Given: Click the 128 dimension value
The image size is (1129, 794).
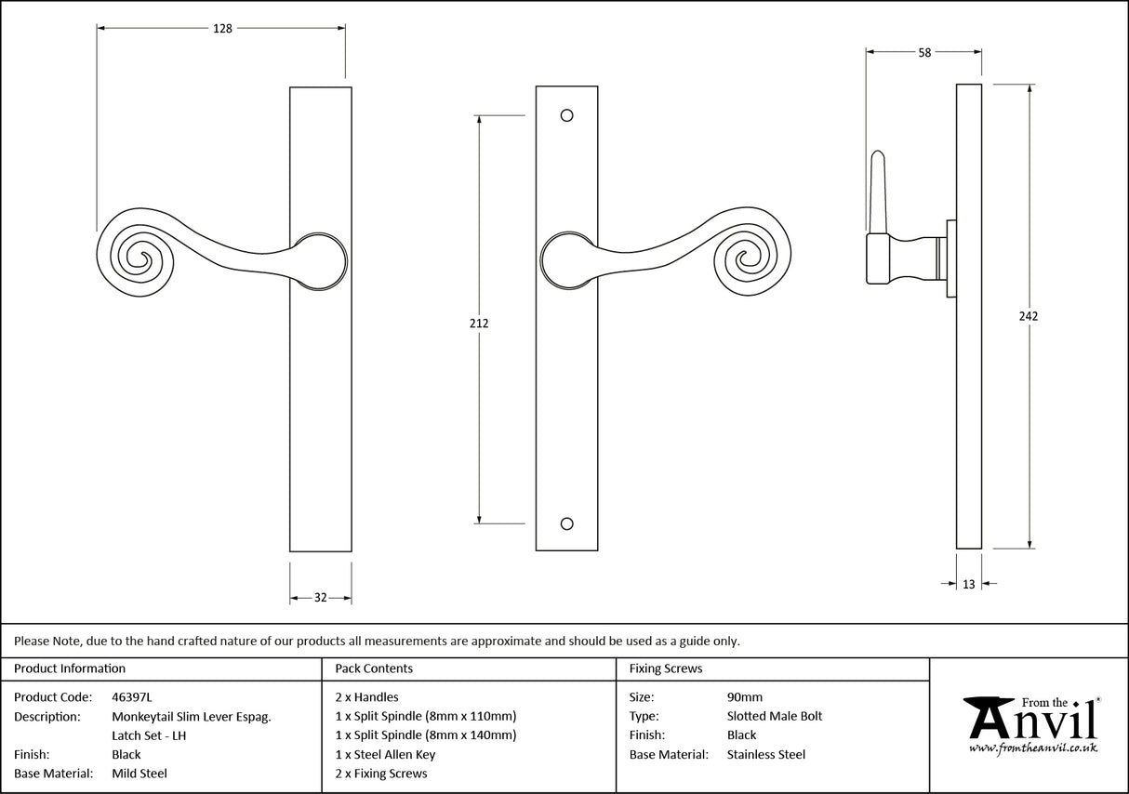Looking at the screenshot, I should point(222,29).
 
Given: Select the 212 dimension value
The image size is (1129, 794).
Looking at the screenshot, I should point(478,324).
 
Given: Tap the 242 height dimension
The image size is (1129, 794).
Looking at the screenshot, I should point(1028,316).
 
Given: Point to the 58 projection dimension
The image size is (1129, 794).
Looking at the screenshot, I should point(923,53).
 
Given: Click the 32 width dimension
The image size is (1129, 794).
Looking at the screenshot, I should point(320,598).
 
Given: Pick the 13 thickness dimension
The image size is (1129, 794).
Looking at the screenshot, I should point(969,585).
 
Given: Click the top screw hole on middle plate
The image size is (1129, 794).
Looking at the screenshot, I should point(566,116).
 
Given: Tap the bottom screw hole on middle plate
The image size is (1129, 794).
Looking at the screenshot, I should point(566,523).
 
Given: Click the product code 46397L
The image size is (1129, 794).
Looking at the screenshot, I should point(132,696).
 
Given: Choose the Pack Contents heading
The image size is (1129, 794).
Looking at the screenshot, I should point(374,668).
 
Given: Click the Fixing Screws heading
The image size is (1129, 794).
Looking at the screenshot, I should point(666,668).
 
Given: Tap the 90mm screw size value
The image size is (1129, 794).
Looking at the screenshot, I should point(744,696).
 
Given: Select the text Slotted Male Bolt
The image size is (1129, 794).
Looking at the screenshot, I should point(774,716).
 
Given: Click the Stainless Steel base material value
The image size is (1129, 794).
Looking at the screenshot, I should point(765,755).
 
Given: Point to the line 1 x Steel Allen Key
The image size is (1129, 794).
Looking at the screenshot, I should point(385,755).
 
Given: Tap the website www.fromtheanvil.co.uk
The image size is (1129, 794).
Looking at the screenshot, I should point(1032,748).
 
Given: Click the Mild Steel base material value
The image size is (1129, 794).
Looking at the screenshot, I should point(139,774).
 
